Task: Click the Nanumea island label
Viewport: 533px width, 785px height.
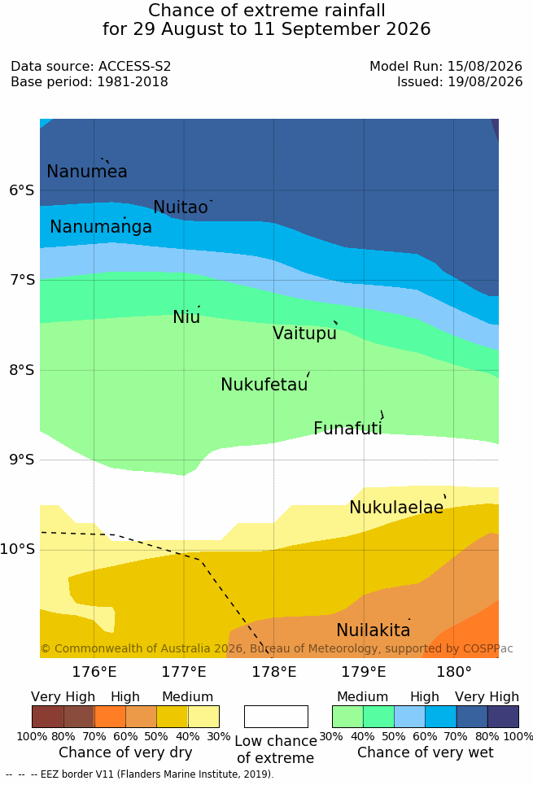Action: tap(86, 171)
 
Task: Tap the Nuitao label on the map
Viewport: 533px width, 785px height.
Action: tap(181, 207)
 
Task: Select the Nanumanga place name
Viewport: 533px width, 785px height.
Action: tap(101, 227)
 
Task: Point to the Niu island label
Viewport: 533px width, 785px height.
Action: tap(186, 316)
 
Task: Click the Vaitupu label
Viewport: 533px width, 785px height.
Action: tap(304, 333)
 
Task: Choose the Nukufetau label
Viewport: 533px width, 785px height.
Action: tap(264, 385)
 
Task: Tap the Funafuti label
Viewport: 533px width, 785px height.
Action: tap(347, 429)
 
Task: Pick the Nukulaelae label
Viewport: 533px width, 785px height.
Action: tap(396, 507)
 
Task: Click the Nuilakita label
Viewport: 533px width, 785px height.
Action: tap(374, 630)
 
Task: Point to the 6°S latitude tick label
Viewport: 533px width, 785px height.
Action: tap(22, 190)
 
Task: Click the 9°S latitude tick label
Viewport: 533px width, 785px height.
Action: tap(22, 460)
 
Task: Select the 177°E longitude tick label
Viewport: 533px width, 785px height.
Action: tap(184, 671)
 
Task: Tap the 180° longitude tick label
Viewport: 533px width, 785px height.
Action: tap(454, 671)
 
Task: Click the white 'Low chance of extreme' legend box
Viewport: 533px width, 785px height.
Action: tap(276, 717)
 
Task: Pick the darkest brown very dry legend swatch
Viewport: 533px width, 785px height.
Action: tap(47, 717)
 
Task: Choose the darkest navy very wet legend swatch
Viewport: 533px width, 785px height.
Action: tap(503, 717)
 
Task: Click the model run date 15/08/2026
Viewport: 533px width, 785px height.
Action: tap(485, 66)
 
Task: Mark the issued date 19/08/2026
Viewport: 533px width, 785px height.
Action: tap(485, 81)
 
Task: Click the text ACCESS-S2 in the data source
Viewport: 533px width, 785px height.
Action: tap(135, 66)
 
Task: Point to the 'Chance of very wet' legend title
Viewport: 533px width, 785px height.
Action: tap(426, 752)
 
